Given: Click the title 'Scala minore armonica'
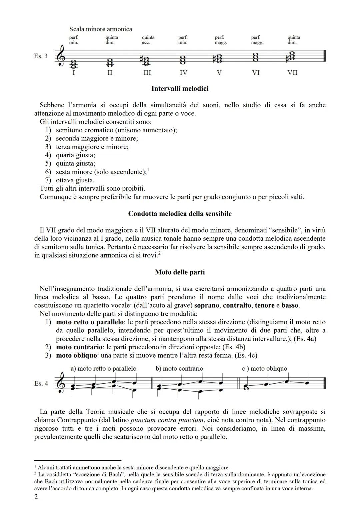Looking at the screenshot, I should (100, 29).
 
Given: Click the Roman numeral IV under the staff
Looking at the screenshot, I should (183, 73).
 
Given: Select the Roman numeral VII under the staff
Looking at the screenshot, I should (292, 73).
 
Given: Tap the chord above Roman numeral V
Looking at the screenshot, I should (219, 58).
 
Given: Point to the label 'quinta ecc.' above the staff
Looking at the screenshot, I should (148, 40).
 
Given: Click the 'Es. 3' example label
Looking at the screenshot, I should (41, 56).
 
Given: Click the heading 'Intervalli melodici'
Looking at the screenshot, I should (180, 88).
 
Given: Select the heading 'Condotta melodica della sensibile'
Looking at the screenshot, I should (180, 214).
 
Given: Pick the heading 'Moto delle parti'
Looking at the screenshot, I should (180, 272).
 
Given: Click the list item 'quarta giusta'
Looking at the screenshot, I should (75, 155).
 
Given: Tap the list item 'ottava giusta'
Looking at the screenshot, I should (75, 180).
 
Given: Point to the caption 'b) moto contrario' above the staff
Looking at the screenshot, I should (179, 368).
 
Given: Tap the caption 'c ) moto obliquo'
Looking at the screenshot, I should (264, 368).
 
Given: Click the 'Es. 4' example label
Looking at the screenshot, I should (41, 383).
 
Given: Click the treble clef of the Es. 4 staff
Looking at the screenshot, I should (61, 383).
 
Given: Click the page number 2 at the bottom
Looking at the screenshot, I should (36, 497).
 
